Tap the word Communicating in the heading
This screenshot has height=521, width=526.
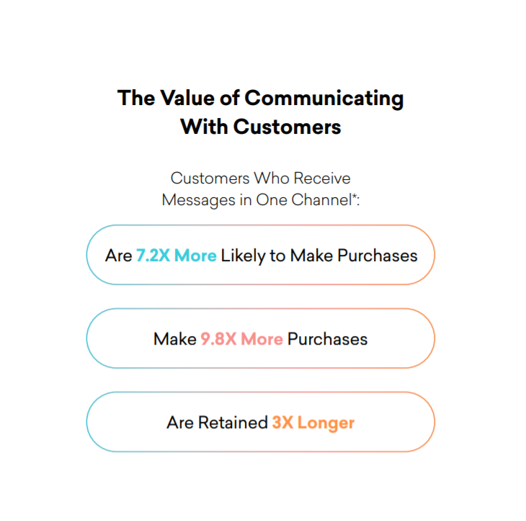click(x=324, y=99)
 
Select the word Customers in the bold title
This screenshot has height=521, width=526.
click(x=287, y=127)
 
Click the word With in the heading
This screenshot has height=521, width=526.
click(x=205, y=127)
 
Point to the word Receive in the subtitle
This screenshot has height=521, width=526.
click(x=322, y=178)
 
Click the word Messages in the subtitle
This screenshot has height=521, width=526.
click(x=198, y=200)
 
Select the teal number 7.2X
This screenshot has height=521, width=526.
click(x=153, y=255)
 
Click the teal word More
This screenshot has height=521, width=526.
click(x=195, y=255)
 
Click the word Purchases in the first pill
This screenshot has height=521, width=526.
click(x=378, y=255)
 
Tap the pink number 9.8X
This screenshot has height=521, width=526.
click(x=219, y=339)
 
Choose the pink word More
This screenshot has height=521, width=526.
click(x=262, y=339)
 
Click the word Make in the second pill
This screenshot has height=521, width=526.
click(x=175, y=339)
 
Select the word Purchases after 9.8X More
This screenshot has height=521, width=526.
click(x=327, y=339)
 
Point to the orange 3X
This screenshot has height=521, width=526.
click(x=282, y=422)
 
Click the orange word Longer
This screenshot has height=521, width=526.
click(x=326, y=423)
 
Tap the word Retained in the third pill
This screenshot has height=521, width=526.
click(x=233, y=422)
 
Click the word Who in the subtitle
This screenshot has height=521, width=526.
click(x=272, y=178)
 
